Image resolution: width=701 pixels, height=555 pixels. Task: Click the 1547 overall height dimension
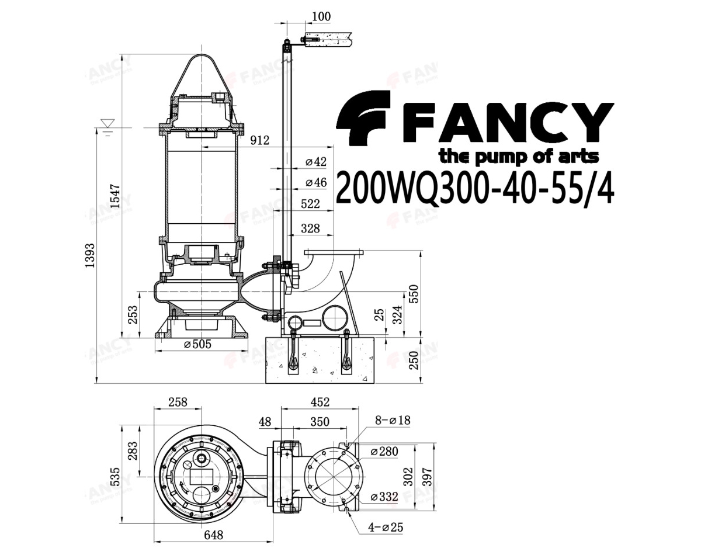(114, 196)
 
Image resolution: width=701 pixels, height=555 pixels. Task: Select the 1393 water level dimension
(89, 255)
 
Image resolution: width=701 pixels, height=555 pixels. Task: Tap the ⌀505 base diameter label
(197, 344)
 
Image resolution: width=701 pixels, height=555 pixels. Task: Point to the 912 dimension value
(259, 140)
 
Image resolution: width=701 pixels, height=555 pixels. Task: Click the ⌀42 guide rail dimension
(316, 162)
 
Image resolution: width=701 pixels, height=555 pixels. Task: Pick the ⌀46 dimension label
(316, 182)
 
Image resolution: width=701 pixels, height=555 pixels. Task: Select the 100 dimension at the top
(321, 16)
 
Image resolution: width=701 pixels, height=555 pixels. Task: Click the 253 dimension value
(133, 314)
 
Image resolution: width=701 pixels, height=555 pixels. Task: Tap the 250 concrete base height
(414, 360)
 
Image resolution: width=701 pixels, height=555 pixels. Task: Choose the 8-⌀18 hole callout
(393, 420)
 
